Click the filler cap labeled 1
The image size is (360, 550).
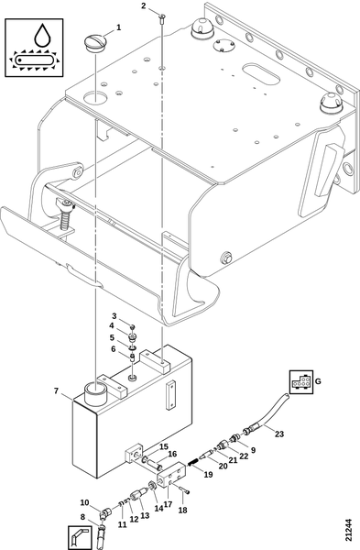(x=94, y=43)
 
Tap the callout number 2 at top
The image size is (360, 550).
(x=144, y=6)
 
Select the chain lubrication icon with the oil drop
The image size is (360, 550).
(x=34, y=48)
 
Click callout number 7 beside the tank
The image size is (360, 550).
(x=56, y=390)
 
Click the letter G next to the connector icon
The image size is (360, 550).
(x=318, y=381)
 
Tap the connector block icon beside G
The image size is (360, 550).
(x=301, y=381)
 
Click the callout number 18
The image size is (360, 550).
(x=182, y=510)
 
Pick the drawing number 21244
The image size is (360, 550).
(x=348, y=529)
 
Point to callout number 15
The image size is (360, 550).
(x=164, y=447)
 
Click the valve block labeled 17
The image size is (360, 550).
(x=170, y=475)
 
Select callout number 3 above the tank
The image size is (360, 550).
(x=115, y=316)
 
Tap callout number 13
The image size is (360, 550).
(x=145, y=515)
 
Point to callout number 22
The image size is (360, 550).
(x=244, y=456)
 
